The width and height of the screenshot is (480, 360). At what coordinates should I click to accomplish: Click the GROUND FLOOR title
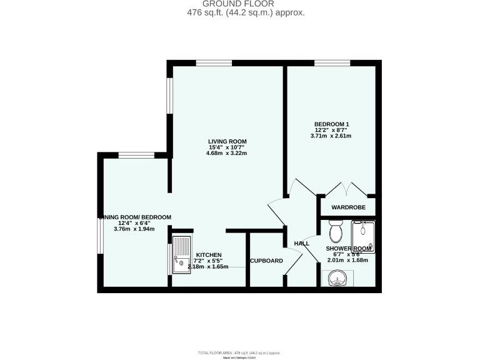pos(239,3)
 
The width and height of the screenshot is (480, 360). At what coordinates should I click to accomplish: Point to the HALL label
pos(302,244)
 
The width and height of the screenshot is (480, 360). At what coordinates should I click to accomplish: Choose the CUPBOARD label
pos(266,261)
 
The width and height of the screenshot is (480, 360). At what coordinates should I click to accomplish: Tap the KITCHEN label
pos(208,255)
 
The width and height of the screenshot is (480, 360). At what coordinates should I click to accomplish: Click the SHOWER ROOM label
pos(347,249)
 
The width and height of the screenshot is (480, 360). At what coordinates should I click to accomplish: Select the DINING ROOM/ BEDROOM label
pos(135,217)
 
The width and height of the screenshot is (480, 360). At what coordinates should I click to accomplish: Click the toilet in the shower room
pos(336,232)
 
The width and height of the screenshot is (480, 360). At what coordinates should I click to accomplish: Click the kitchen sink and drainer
pos(182,254)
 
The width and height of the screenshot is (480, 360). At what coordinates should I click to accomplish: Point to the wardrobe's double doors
pos(346,188)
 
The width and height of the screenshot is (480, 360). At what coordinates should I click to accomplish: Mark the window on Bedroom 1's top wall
pos(331,62)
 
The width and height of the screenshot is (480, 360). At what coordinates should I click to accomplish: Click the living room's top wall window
pos(214,62)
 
